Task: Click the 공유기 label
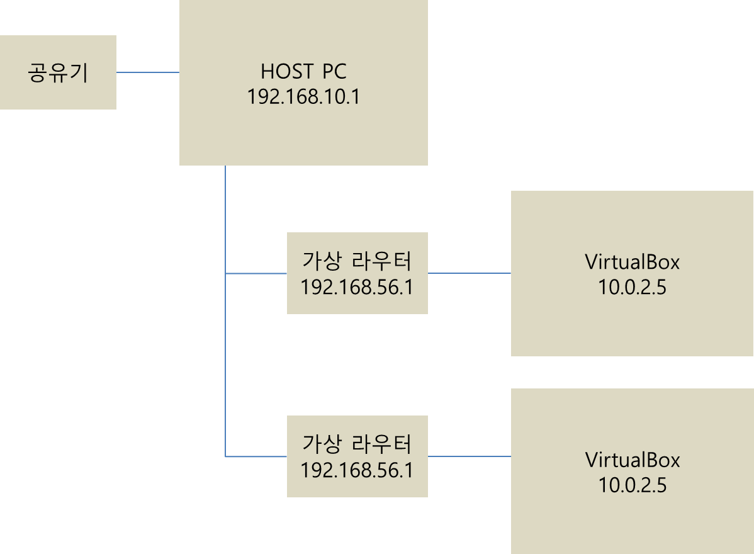tap(58, 73)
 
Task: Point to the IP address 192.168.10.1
tap(303, 97)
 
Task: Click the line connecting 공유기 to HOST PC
tap(148, 72)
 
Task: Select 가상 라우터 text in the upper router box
tap(357, 261)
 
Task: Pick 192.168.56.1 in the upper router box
tap(357, 287)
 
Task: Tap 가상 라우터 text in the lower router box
tap(357, 444)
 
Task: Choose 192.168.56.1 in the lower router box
tap(357, 470)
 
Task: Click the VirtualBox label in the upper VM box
tap(633, 261)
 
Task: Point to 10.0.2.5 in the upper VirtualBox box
tap(633, 288)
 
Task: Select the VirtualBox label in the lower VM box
tap(633, 460)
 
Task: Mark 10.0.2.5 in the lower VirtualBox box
tap(633, 485)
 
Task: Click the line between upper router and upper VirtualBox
tap(469, 273)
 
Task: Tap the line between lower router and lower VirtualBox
tap(469, 456)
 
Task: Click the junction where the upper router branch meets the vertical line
tap(225, 273)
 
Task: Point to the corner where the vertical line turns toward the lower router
tap(225, 456)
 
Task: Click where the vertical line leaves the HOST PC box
tap(225, 167)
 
